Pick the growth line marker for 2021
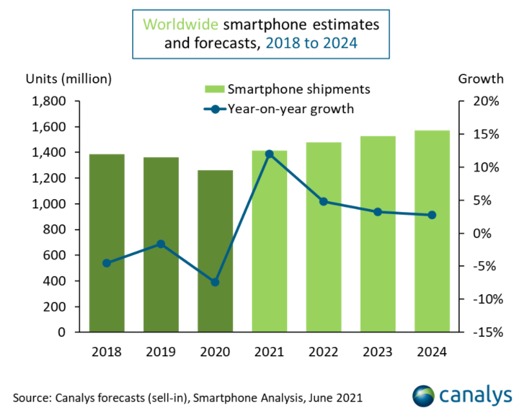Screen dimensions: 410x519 [269, 154]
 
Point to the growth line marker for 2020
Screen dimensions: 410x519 [215, 282]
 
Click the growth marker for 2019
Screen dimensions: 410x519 [161, 244]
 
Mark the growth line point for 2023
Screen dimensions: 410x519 [378, 211]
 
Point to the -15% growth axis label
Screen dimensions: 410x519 [483, 332]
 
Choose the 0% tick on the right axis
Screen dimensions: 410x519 [488, 233]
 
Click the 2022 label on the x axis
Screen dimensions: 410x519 [323, 352]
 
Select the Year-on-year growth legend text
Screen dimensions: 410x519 [290, 109]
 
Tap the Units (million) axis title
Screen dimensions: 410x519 [68, 79]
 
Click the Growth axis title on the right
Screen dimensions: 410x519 [480, 79]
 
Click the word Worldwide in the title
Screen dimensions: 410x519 [180, 25]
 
